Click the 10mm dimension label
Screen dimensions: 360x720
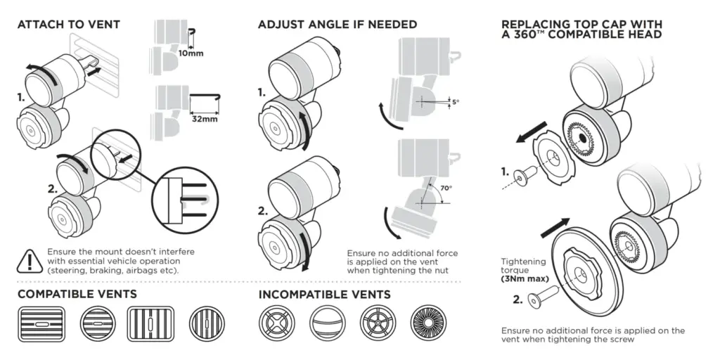coord(192,54)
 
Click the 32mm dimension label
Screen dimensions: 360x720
coord(204,120)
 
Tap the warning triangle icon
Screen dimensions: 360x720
coord(30,261)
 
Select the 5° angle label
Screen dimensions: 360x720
coord(456,102)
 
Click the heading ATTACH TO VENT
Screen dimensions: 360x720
coord(68,25)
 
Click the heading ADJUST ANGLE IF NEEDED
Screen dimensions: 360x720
coord(337,25)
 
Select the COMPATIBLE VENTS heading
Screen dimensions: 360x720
coord(77,293)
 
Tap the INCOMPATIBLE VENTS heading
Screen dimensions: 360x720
coord(324,293)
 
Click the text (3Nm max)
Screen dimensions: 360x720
coord(525,278)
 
